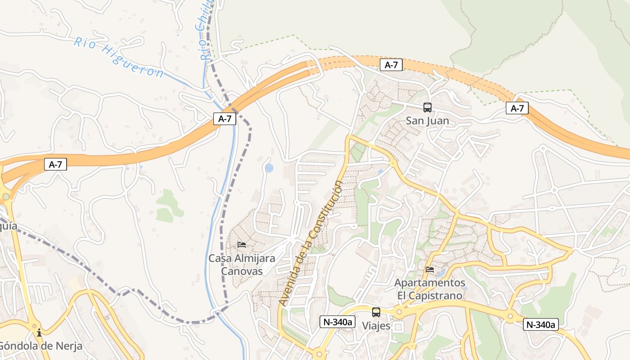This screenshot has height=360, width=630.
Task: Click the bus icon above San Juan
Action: click(427, 108)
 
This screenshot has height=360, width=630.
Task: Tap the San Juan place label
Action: click(427, 121)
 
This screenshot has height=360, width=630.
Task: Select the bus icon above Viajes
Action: click(376, 312)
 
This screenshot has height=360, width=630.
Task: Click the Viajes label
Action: click(376, 326)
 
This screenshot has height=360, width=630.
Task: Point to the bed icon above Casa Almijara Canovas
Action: click(242, 245)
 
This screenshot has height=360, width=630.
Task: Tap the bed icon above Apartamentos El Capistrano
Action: click(430, 270)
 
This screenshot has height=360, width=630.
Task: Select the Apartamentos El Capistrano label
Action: click(430, 289)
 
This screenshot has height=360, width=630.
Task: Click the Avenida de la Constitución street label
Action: click(310, 243)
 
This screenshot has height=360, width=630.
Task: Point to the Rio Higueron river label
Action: click(119, 58)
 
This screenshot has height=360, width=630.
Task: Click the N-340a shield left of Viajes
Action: click(337, 322)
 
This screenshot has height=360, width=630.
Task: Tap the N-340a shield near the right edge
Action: click(540, 325)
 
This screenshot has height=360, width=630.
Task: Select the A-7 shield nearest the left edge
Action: click(56, 164)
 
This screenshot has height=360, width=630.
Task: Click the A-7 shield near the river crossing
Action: click(225, 119)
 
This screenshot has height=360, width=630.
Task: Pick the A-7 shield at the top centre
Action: click(391, 65)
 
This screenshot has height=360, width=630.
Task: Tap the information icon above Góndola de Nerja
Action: click(39, 333)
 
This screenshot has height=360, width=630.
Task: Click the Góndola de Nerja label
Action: click(40, 346)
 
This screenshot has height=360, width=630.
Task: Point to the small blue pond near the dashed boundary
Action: click(269, 168)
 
